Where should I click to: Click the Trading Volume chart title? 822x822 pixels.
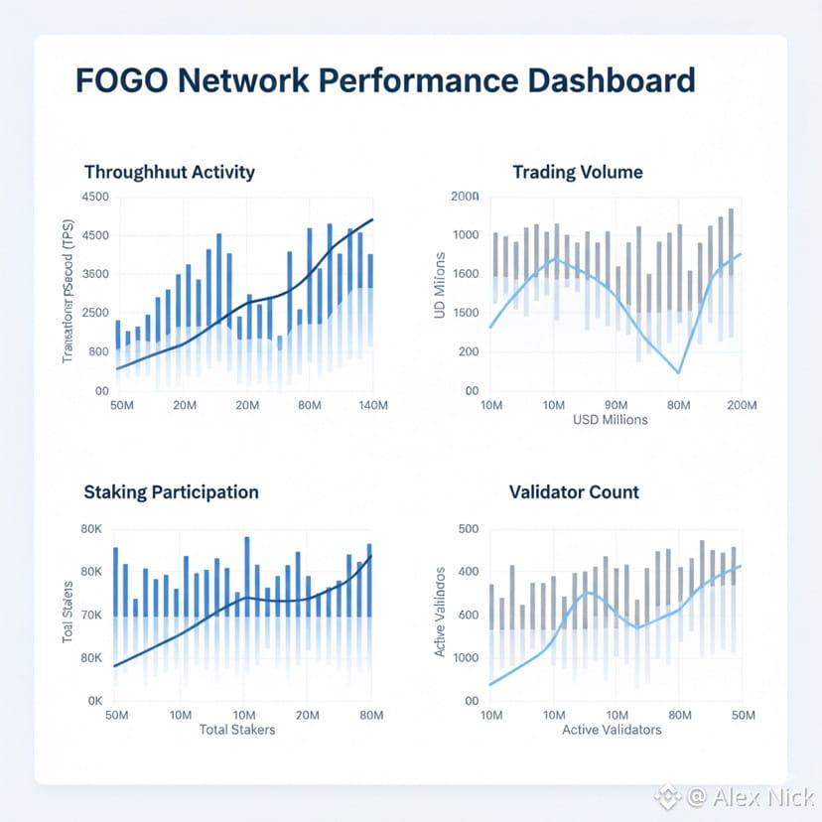click(x=577, y=172)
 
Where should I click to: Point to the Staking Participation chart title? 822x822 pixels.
click(x=171, y=491)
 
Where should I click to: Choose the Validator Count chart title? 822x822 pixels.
click(x=574, y=491)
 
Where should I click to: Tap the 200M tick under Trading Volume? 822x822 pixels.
click(x=742, y=406)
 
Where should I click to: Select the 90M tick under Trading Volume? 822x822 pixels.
click(x=616, y=406)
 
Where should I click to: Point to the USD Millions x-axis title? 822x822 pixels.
click(x=610, y=420)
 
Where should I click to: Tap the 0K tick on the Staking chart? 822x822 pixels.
click(x=95, y=701)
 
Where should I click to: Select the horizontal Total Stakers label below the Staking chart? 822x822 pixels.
click(x=237, y=730)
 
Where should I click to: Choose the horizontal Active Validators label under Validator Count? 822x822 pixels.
click(x=611, y=730)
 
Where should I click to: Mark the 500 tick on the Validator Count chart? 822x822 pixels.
click(x=465, y=529)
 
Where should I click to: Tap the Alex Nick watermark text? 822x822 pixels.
click(x=750, y=796)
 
